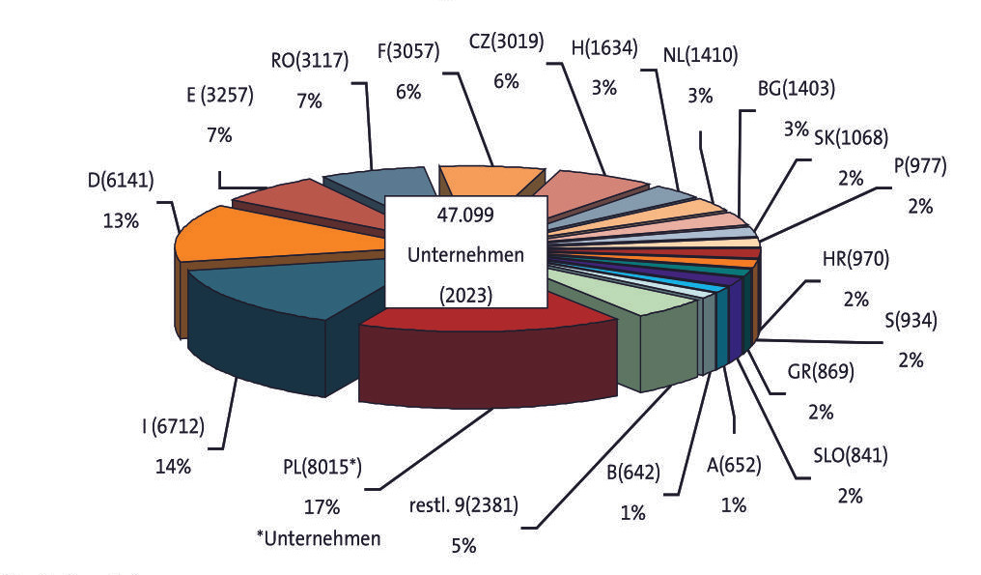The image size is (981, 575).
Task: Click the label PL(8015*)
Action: click(x=322, y=468)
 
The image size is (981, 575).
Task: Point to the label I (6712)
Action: click(x=173, y=426)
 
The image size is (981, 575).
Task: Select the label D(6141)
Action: click(x=121, y=181)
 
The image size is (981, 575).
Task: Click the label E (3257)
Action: click(x=220, y=96)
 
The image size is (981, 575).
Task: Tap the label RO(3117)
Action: click(x=310, y=61)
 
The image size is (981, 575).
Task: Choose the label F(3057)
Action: click(x=408, y=50)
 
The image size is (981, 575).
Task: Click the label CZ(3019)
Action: click(x=506, y=42)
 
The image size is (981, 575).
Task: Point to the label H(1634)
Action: click(x=604, y=47)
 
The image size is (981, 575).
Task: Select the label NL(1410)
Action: click(x=700, y=56)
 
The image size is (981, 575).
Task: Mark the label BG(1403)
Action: click(x=797, y=89)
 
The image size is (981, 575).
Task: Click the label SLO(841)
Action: click(x=851, y=455)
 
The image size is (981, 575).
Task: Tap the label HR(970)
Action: click(x=855, y=259)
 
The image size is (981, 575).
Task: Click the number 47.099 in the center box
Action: click(x=465, y=215)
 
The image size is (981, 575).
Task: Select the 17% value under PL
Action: click(x=322, y=506)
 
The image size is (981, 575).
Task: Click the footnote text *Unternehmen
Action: click(x=319, y=538)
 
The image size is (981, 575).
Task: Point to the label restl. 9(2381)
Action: click(x=463, y=504)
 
